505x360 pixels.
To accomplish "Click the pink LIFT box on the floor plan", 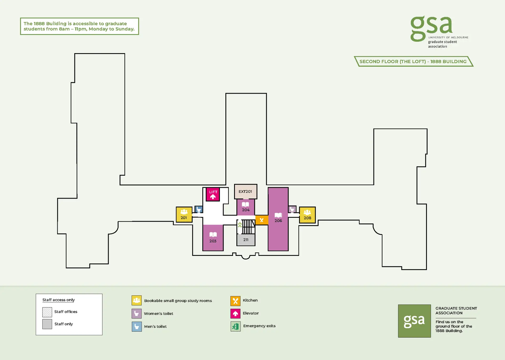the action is click(x=213, y=194).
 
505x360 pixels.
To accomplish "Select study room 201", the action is click(x=184, y=215).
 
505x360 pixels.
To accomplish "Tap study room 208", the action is click(x=307, y=215).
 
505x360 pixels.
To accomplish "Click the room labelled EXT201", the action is click(x=245, y=191).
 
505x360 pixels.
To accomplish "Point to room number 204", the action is click(x=246, y=210).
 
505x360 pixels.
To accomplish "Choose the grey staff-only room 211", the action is click(x=246, y=240).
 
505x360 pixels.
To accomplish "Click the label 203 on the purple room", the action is click(x=213, y=241).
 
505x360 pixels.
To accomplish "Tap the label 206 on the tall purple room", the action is click(x=278, y=221).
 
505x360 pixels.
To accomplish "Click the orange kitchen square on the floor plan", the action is click(x=262, y=220).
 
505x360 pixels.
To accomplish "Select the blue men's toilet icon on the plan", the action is click(x=199, y=210).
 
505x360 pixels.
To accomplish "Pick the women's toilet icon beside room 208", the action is click(x=292, y=209).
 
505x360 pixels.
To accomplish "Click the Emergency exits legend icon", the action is click(x=235, y=326).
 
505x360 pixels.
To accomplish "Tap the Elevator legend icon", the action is click(x=235, y=313).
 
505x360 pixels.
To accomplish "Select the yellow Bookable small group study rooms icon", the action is click(x=137, y=300).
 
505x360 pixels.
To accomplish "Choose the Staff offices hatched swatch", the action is click(x=47, y=312).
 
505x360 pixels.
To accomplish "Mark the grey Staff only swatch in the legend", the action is click(x=47, y=324).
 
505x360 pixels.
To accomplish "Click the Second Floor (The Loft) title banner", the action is click(x=413, y=62).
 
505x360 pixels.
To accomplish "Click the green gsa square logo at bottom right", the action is click(x=414, y=321).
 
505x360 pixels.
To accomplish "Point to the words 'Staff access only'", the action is click(x=59, y=300).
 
